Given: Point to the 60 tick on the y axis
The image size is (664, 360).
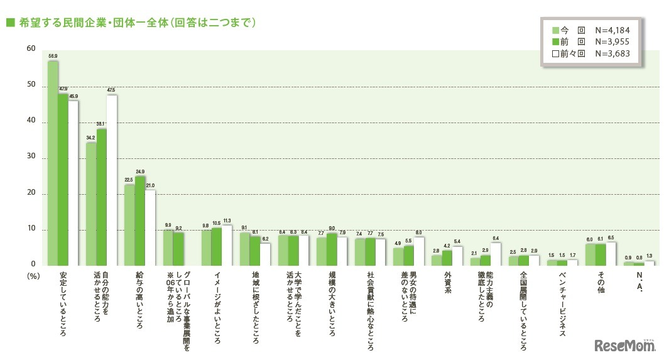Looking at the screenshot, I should (31, 48).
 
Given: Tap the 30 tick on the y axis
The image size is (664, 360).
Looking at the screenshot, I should (31, 158).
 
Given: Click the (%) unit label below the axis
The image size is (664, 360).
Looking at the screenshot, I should (33, 275).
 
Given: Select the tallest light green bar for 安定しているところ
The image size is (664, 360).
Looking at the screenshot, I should (53, 163).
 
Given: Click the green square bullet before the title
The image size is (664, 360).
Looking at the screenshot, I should (9, 23).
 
